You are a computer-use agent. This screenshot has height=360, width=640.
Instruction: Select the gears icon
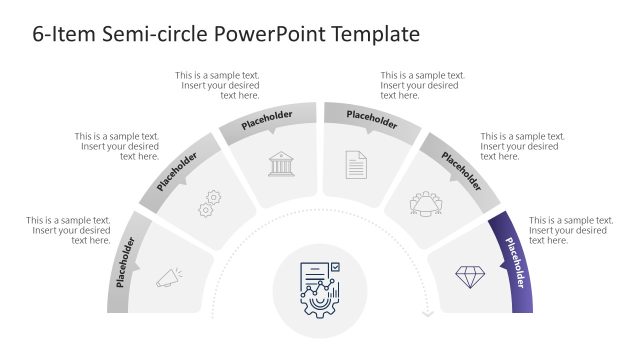210,203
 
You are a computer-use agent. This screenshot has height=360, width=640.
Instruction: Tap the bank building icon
281,164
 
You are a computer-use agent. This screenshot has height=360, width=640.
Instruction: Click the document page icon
357,164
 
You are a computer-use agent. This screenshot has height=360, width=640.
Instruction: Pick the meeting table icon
426,204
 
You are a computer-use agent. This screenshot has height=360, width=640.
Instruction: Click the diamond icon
470,277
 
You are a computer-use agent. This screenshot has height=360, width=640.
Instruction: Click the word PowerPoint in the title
264,35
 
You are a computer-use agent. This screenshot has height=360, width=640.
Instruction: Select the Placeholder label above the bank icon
268,120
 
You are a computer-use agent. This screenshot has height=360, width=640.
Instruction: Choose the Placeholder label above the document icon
371,120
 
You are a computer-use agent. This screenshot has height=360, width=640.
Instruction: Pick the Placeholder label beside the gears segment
177,172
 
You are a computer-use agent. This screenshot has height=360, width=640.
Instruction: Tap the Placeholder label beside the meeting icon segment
462,172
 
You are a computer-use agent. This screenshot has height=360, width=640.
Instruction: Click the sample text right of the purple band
570,230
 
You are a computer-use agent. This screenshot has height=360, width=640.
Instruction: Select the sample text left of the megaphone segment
69,230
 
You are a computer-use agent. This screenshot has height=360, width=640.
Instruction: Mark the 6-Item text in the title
52,35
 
